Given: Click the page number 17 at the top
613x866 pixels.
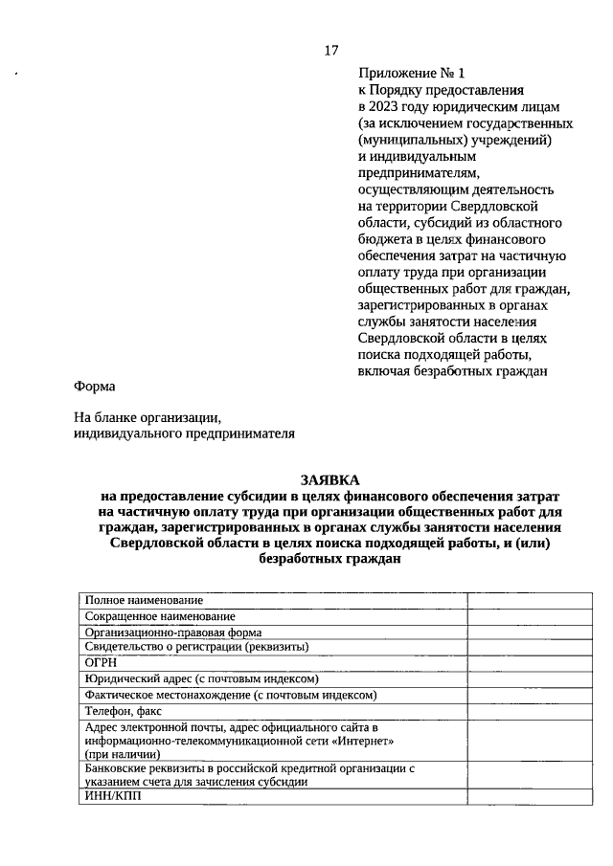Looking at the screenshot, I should [330, 50].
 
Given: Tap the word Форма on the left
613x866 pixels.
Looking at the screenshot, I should [94, 387].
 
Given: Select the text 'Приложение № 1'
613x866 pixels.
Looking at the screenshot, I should [411, 73].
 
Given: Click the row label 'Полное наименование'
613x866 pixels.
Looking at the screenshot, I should [144, 600].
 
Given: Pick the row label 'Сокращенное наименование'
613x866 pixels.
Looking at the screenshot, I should [160, 616].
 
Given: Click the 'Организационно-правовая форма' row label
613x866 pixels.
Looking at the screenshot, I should [173, 633].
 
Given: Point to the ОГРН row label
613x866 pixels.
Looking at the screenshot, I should [102, 661].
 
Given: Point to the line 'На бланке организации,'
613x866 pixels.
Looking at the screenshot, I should [148, 417].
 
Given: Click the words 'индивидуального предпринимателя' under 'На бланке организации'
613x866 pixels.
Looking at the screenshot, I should [184, 433].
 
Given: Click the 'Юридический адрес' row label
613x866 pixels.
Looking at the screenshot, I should [134, 677].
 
